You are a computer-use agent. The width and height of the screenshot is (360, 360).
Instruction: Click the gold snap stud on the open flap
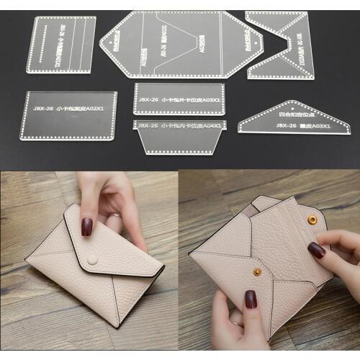pyautogui.click(x=312, y=218)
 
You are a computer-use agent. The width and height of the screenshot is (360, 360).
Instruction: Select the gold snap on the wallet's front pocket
pyautogui.click(x=257, y=271)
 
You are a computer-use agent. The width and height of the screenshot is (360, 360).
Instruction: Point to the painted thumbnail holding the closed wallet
pyautogui.click(x=86, y=226)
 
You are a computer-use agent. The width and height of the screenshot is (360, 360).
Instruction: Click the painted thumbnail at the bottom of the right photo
pyautogui.click(x=251, y=299)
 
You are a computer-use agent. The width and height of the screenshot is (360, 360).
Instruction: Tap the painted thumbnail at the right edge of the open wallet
pyautogui.click(x=317, y=250)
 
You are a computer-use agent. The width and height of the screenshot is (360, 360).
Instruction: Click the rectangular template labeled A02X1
pyautogui.click(x=69, y=114)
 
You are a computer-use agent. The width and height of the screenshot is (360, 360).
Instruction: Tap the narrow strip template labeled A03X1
pyautogui.click(x=179, y=99)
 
